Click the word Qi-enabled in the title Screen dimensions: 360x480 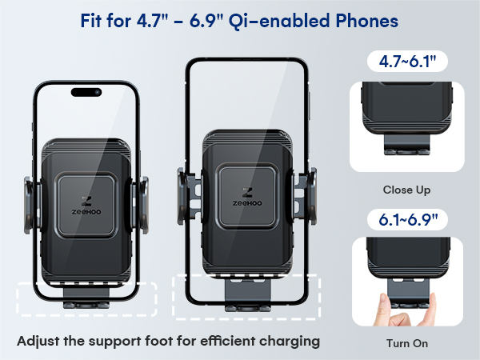coord(291,22)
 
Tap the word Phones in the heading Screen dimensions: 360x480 coord(367,22)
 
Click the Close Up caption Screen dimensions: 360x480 coord(406,190)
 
